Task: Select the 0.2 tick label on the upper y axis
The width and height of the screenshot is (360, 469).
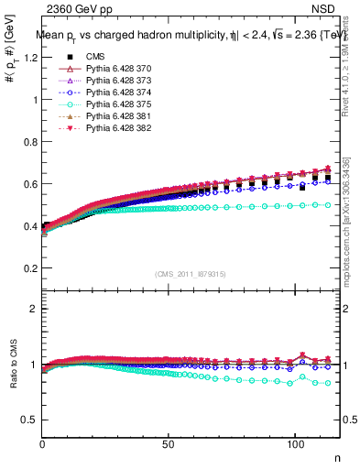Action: coord(28,268)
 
